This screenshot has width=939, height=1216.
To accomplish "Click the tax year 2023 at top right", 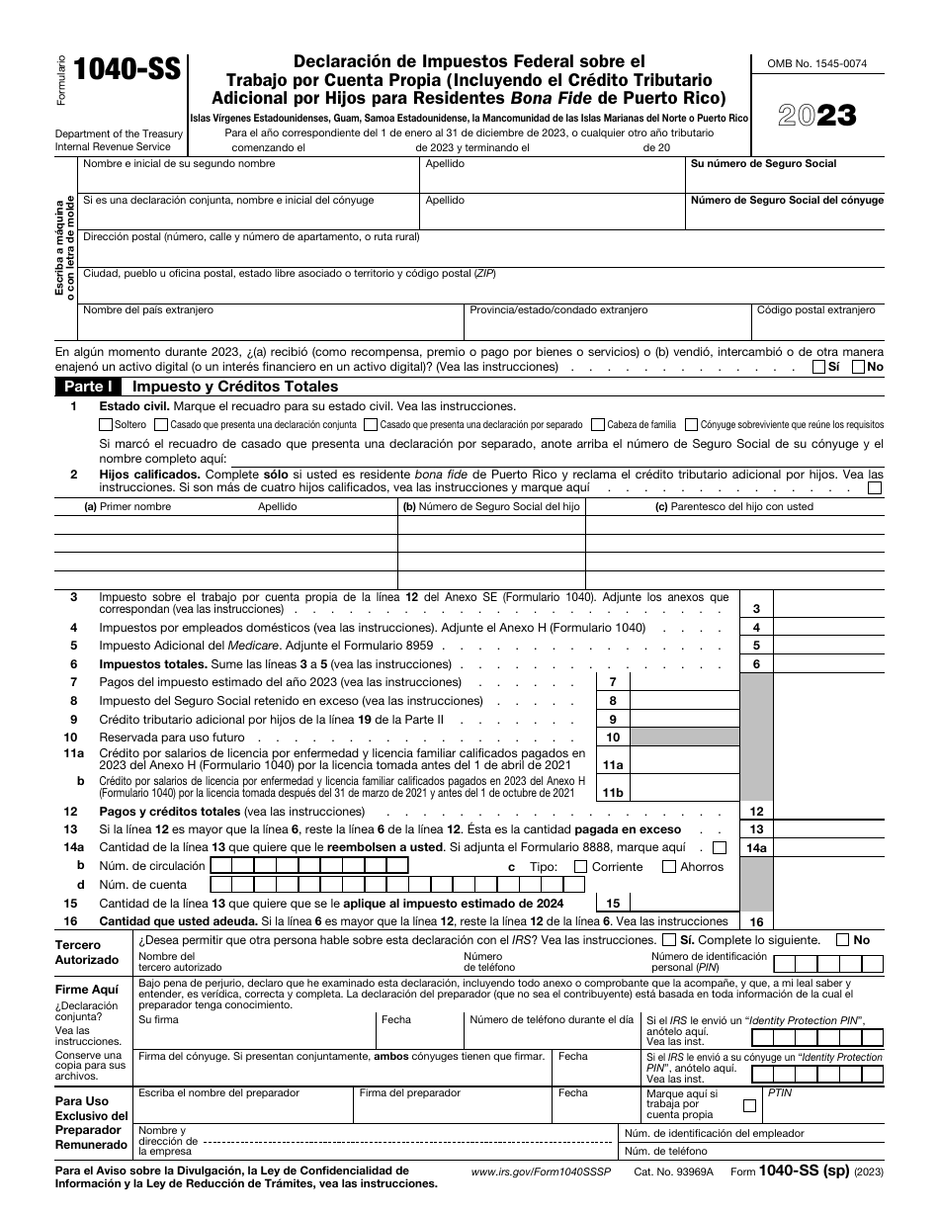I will click(816, 116).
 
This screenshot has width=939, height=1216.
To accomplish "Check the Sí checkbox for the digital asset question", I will click(818, 367).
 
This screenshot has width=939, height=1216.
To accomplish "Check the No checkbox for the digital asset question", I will click(858, 367).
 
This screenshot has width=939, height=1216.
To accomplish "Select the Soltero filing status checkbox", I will click(106, 424).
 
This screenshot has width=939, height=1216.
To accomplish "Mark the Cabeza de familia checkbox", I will click(599, 424).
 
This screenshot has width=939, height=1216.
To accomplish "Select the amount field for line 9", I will click(682, 719).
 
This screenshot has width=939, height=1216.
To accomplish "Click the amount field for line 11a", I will click(682, 765).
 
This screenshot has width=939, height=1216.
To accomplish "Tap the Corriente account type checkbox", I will click(582, 867).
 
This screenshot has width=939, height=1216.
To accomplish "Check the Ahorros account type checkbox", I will click(670, 867).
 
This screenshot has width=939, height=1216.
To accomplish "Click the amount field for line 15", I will click(682, 903).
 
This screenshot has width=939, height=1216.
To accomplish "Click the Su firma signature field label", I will click(159, 1019).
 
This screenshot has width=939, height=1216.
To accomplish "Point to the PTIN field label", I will click(780, 1093).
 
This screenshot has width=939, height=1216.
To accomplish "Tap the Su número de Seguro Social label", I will click(763, 164).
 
